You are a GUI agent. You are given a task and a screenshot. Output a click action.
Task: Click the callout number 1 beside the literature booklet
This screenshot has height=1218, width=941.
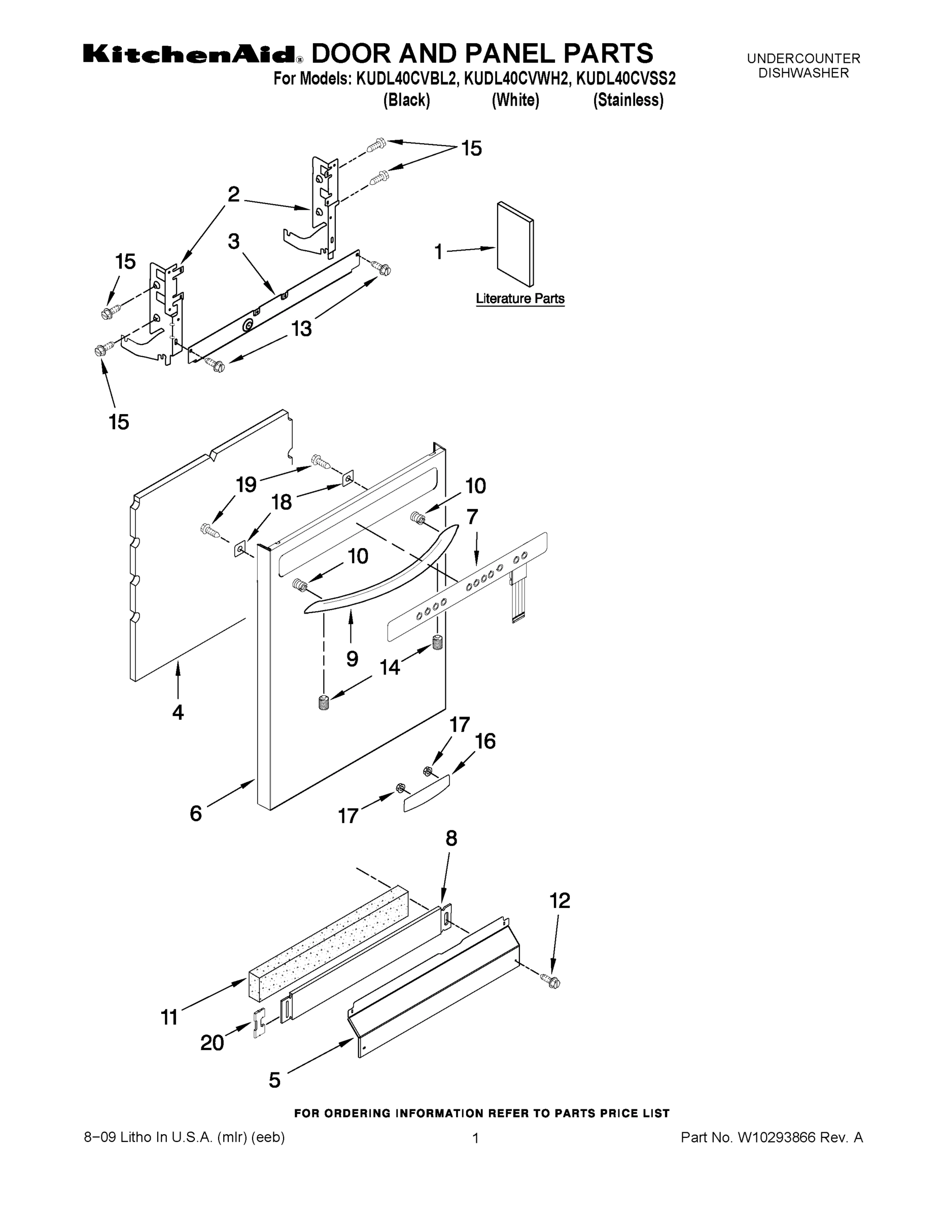439,252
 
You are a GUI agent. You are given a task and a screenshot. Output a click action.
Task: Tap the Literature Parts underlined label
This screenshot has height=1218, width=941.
519,299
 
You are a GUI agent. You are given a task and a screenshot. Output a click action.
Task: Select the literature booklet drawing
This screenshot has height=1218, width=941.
515,244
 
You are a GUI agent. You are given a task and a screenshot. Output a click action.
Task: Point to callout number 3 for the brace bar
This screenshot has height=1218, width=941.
233,242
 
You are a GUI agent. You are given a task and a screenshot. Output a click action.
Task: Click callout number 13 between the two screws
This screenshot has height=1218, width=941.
301,328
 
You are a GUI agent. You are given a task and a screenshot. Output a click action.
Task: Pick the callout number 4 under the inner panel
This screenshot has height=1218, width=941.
178,712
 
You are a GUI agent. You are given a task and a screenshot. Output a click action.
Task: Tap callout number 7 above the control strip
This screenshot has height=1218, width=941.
472,517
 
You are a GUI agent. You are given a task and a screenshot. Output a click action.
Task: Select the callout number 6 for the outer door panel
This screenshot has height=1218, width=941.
196,814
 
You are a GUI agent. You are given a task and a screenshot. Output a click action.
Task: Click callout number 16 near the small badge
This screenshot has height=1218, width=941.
485,741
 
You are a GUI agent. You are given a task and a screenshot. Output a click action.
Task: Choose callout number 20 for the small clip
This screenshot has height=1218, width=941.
212,1042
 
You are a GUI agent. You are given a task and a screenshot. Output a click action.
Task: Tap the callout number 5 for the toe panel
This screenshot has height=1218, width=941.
275,1080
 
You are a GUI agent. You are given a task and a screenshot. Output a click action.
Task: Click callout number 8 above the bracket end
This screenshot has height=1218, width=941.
451,838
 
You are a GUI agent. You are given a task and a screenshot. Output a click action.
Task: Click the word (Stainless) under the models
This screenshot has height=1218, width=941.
628,100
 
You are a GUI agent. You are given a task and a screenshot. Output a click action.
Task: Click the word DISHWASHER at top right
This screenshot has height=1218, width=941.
804,73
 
